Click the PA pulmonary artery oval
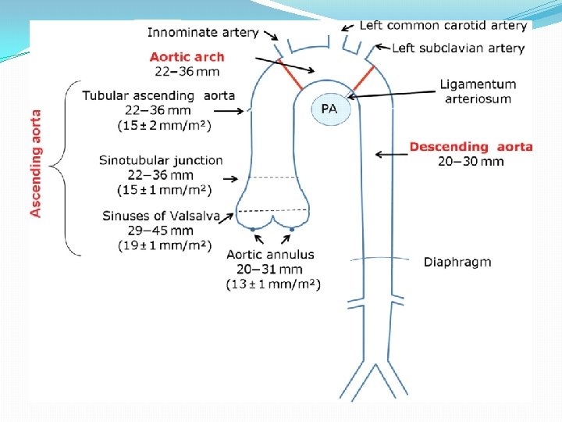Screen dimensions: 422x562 pos(329,109)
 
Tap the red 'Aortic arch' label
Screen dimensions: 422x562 pos(187,56)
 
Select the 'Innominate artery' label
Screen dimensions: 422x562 pos(202,33)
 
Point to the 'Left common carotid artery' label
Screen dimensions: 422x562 pos(443,25)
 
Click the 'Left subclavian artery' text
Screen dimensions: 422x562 pos(457,48)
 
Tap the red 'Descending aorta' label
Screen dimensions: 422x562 pos(471,147)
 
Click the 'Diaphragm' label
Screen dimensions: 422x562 pos(457,262)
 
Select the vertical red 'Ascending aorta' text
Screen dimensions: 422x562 pos(36,163)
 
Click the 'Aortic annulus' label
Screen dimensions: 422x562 pos(270,255)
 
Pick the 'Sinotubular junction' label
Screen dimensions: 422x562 pos(161,160)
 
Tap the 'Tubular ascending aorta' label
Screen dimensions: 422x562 pos(159,95)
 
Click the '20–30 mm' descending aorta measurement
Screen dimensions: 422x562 pos(471,162)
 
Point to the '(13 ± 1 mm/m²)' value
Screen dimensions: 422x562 pos(273,284)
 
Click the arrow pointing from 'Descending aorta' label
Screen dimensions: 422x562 pos(390,154)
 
